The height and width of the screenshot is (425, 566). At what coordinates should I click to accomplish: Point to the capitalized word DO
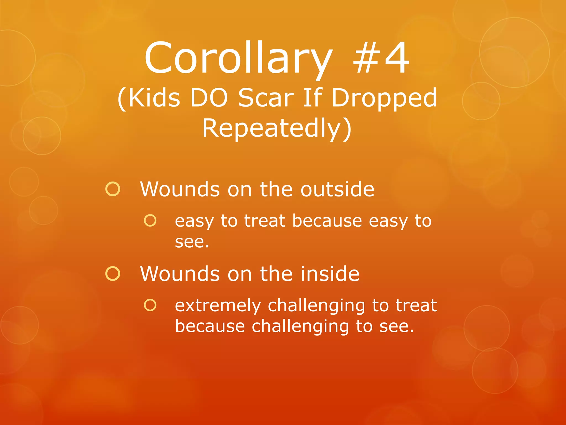[209, 98]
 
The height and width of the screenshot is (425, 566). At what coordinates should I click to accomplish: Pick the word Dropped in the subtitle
[384, 98]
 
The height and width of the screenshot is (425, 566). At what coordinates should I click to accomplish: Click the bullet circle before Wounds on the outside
[113, 189]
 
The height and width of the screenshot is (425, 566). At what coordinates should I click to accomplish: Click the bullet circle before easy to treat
[150, 221]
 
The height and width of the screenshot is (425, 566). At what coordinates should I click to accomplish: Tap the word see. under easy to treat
[192, 242]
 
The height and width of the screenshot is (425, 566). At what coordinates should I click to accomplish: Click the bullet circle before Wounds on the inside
[113, 274]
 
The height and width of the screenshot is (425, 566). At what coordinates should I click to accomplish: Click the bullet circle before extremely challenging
[150, 305]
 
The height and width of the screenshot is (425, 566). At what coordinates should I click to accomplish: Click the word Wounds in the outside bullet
[180, 189]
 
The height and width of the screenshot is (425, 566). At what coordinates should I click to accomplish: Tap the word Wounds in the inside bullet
[180, 274]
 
